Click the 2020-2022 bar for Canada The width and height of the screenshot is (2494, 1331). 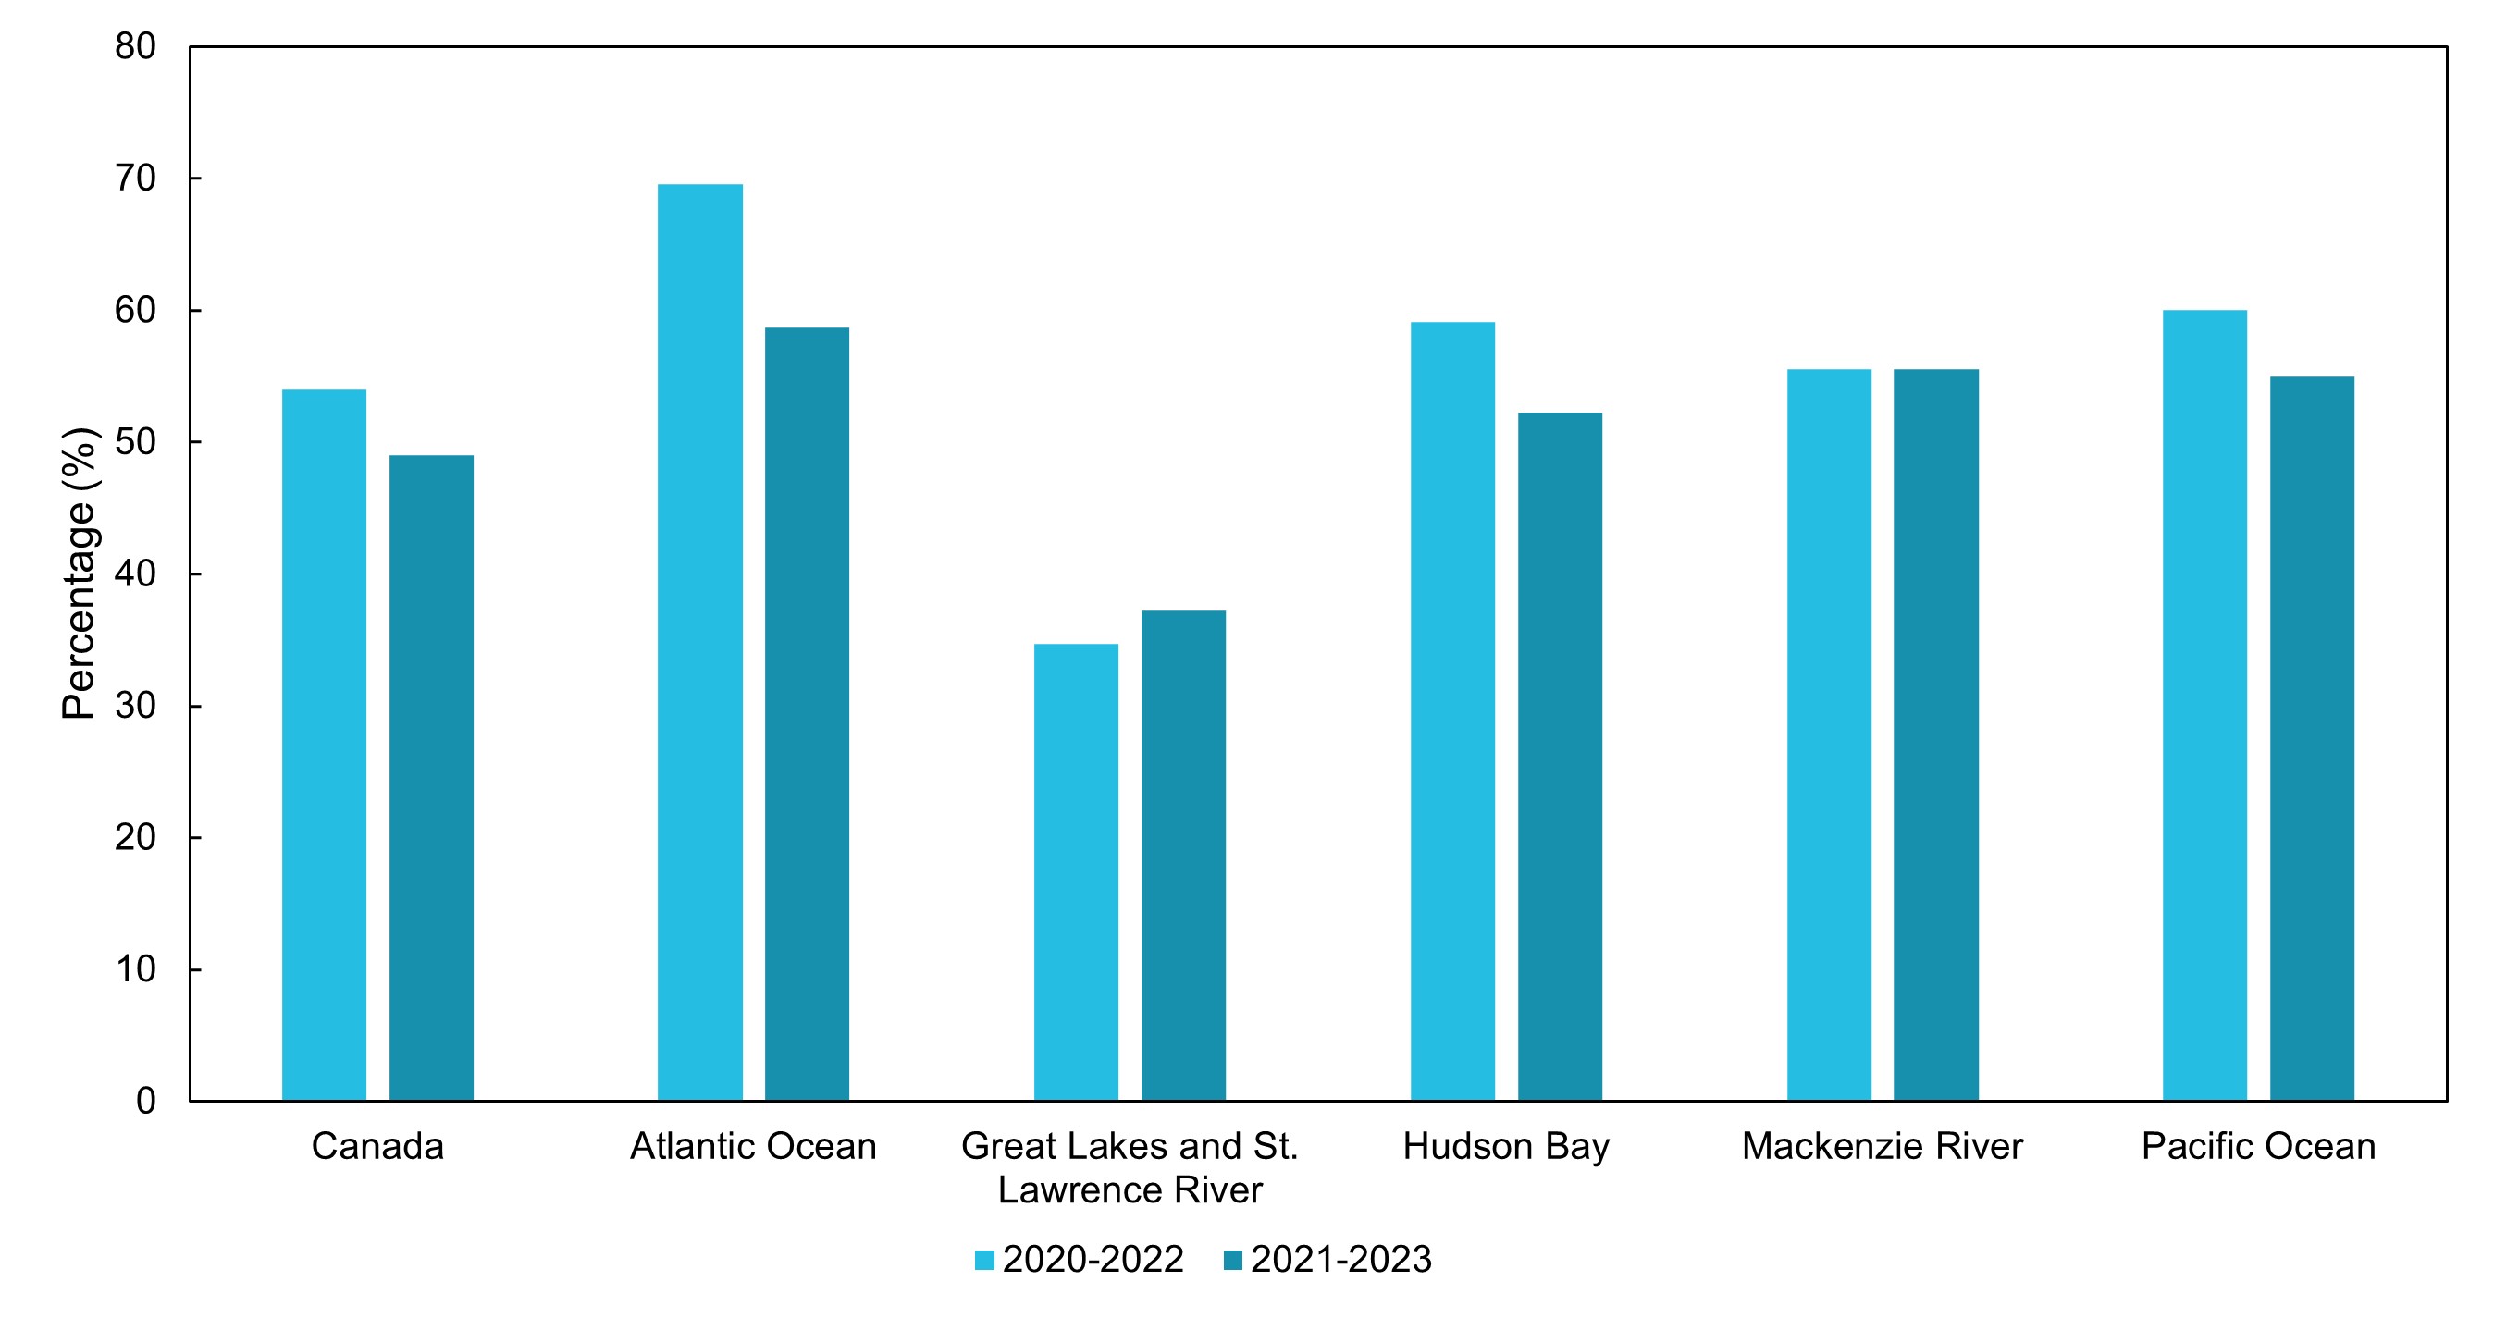(325, 745)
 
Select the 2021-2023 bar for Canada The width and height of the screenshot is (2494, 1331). (432, 777)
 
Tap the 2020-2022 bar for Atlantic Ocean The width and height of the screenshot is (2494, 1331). (700, 642)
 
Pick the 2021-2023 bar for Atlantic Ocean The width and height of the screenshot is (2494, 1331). (808, 713)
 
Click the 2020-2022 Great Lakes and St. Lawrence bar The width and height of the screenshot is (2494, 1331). (1077, 872)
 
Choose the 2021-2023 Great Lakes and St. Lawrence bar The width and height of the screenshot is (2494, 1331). (1184, 856)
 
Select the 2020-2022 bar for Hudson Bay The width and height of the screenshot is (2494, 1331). (1453, 711)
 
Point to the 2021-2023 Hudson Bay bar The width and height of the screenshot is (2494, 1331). (1561, 757)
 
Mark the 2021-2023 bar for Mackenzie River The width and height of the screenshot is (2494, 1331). (1936, 734)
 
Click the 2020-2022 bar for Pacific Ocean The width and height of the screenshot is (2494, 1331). (2205, 706)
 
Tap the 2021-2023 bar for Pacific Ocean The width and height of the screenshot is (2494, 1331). (2313, 739)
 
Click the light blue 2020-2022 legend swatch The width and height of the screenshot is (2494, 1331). (984, 1261)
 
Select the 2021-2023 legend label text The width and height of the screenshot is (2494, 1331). (1341, 1260)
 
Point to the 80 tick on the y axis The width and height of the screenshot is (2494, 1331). (136, 46)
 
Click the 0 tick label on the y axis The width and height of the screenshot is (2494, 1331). (146, 1101)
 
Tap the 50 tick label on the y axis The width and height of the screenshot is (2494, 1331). (136, 442)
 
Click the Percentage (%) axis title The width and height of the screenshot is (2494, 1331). (80, 573)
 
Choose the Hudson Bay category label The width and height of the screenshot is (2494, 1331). (1506, 1147)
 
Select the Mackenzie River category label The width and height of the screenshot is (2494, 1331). (1883, 1146)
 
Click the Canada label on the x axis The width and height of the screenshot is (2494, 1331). (377, 1146)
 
